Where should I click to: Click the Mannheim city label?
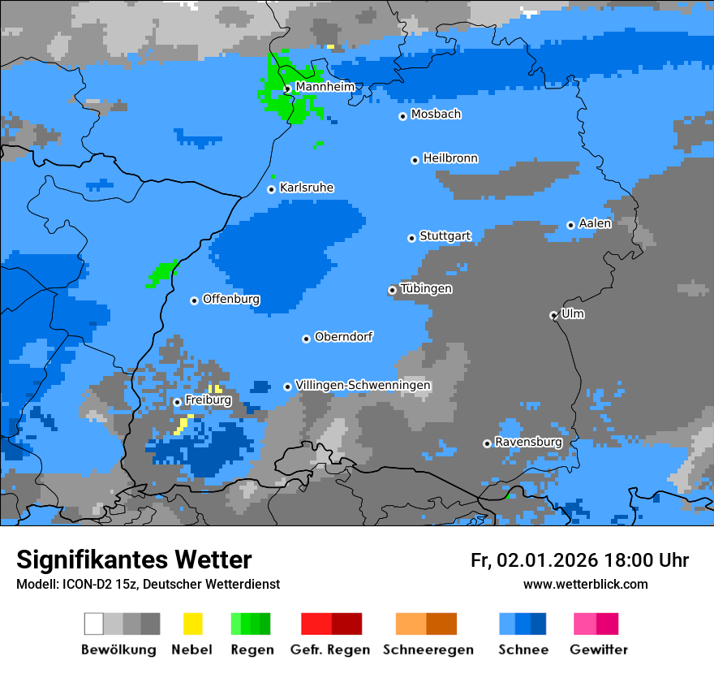point(325,87)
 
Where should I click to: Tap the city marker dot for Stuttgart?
point(411,238)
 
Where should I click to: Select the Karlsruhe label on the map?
point(306,188)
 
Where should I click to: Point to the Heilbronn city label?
point(450,158)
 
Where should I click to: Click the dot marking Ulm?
point(553,315)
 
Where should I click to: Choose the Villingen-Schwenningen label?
point(363,385)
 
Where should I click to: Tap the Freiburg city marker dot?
point(177,402)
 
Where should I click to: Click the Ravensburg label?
point(528,442)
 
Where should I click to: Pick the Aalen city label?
point(595,223)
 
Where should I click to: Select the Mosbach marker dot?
point(402,116)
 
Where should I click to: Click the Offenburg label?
point(231,299)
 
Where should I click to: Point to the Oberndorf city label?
point(343,336)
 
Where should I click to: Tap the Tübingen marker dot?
point(393,290)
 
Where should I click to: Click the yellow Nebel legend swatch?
point(192,624)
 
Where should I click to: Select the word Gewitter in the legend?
point(598,650)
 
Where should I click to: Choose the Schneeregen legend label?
point(428,650)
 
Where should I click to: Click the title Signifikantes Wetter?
point(134,560)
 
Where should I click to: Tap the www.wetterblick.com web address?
point(585,584)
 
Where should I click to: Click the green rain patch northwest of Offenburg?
point(162,272)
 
